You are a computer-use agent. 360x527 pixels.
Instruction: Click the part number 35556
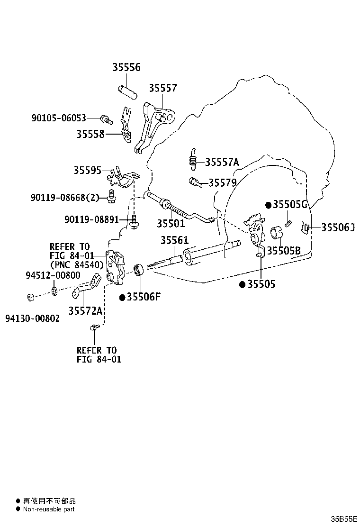[126, 67]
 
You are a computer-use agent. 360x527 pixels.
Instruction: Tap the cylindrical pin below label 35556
[127, 92]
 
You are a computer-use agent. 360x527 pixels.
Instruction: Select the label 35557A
[222, 162]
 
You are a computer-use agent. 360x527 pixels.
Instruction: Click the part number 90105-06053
[59, 118]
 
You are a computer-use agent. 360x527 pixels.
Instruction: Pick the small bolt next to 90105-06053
[107, 119]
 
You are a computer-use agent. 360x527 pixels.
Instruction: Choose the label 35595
[87, 171]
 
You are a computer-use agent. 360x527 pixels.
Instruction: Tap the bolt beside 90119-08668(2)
[111, 196]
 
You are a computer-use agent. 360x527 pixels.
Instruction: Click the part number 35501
[171, 223]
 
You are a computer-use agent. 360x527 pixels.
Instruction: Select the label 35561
[174, 240]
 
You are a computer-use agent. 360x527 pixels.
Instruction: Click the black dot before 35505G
[268, 205]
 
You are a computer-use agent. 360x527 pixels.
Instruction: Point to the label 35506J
[338, 227]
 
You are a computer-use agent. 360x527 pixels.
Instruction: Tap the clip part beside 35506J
[305, 227]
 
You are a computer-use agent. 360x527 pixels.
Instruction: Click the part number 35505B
[284, 251]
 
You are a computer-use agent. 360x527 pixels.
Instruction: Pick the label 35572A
[85, 311]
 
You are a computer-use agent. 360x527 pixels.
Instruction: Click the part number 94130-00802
[33, 318]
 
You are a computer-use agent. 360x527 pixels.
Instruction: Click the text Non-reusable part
[49, 509]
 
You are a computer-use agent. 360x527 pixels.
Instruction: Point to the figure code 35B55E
[344, 519]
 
